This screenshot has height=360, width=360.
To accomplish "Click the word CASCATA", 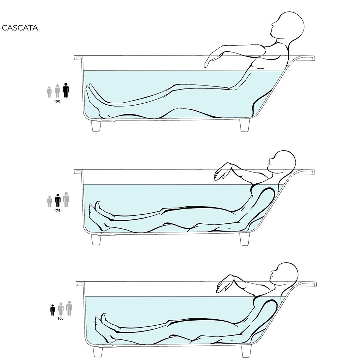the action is pos(20,28).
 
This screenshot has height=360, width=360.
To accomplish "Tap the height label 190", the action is pos(57,101).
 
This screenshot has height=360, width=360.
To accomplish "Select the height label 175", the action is pos(57,211).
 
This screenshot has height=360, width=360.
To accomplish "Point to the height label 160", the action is pos(60,318).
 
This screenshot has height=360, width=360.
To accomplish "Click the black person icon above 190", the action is pos(66,90).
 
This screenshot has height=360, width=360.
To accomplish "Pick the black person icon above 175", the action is pos(58,201).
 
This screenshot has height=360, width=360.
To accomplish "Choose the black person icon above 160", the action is pos(52,310).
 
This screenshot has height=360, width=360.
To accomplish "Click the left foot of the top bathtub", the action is pos(96,125).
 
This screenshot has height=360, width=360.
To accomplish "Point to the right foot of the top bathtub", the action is pos(245,125).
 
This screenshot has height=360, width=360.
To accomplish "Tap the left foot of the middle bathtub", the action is pos(96,239).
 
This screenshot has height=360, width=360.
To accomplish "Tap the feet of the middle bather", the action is pos(98,215).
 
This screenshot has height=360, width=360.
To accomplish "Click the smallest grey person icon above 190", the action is pos(49,92).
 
